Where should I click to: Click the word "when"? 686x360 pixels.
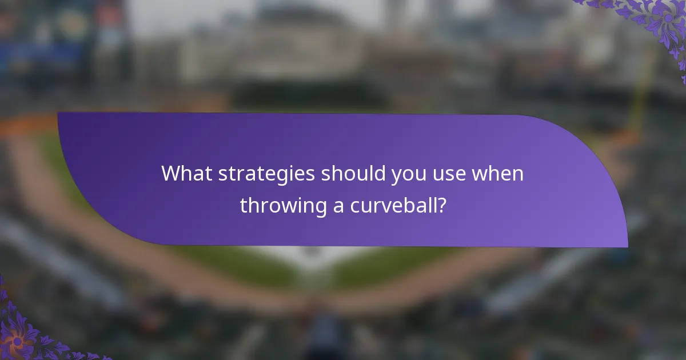pyautogui.click(x=497, y=173)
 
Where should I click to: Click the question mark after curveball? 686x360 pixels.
pyautogui.click(x=441, y=205)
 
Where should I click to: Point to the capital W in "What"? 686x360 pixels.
pyautogui.click(x=170, y=173)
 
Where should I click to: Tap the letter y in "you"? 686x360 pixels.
pyautogui.click(x=396, y=177)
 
